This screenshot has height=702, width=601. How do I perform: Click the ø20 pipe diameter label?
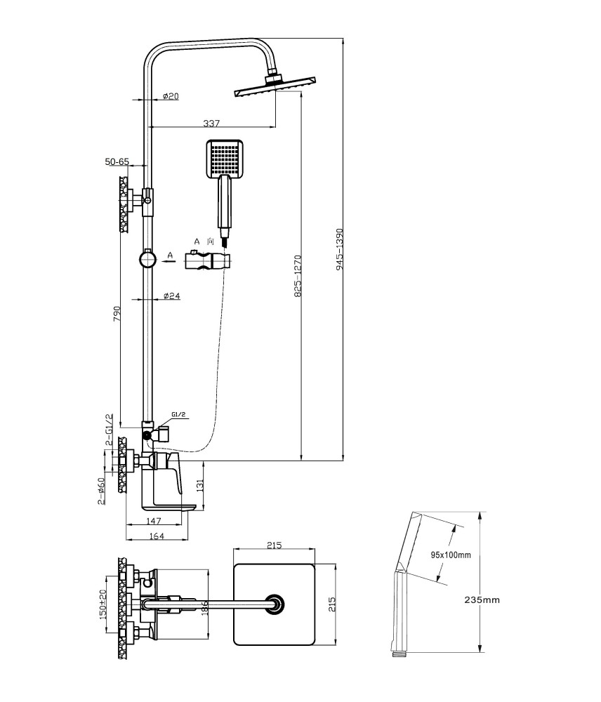[171, 95]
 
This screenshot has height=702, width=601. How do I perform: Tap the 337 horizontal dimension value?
[211, 123]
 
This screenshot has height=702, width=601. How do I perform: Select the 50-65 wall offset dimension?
[117, 161]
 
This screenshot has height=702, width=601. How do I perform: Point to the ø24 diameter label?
[171, 296]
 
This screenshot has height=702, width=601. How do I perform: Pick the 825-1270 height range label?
[298, 276]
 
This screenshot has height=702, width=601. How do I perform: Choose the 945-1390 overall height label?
[339, 249]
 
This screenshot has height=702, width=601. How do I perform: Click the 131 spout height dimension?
[199, 484]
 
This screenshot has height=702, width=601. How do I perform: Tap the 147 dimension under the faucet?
[154, 521]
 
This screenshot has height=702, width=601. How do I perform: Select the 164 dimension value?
[157, 536]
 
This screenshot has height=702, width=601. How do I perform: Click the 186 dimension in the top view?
[205, 607]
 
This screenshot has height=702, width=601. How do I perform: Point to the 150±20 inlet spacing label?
[102, 604]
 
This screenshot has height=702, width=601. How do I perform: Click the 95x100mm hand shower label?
[451, 555]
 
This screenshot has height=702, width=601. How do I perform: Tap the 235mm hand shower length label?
[482, 600]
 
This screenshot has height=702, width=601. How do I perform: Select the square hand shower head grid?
[225, 158]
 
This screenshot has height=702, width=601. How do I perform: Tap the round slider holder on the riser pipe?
[147, 259]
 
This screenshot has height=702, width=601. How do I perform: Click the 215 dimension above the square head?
[274, 545]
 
